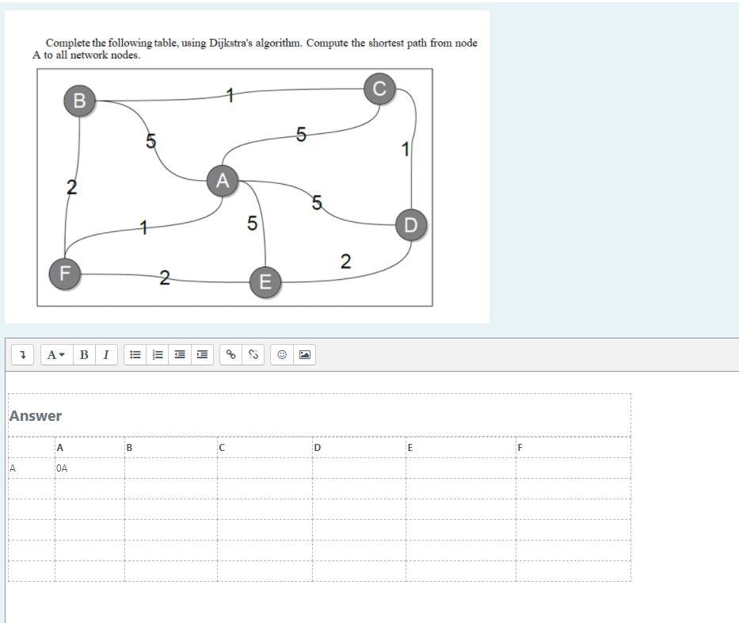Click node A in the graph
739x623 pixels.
pyautogui.click(x=223, y=181)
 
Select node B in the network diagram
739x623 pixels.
pyautogui.click(x=78, y=101)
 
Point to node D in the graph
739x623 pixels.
pyautogui.click(x=410, y=224)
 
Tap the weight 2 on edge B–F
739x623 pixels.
pyautogui.click(x=71, y=188)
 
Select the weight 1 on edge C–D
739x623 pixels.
pyautogui.click(x=406, y=148)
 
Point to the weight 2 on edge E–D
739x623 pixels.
pyautogui.click(x=345, y=262)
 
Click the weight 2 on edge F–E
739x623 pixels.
pyautogui.click(x=164, y=277)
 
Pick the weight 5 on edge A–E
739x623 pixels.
pyautogui.click(x=251, y=224)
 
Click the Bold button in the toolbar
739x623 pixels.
pyautogui.click(x=84, y=355)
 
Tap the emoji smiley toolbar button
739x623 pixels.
pyautogui.click(x=282, y=355)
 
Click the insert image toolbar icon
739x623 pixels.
pyautogui.click(x=304, y=355)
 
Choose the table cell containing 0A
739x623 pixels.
pyautogui.click(x=89, y=468)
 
